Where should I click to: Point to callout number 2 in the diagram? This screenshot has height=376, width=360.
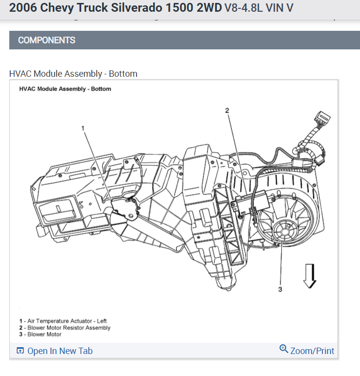227,111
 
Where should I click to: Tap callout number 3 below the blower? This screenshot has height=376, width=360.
280,289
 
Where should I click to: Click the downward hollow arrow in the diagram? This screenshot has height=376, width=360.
310,277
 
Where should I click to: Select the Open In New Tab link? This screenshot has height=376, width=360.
60,351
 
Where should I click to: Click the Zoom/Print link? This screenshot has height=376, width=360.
312,351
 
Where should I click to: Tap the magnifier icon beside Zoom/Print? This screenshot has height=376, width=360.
284,349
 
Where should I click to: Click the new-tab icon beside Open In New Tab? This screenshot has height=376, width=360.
20,351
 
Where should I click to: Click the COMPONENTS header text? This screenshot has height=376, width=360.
46,40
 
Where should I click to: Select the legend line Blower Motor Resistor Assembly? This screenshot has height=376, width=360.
69,328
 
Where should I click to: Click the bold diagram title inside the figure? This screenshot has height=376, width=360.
65,89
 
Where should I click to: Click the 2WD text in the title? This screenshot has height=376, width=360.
208,8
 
